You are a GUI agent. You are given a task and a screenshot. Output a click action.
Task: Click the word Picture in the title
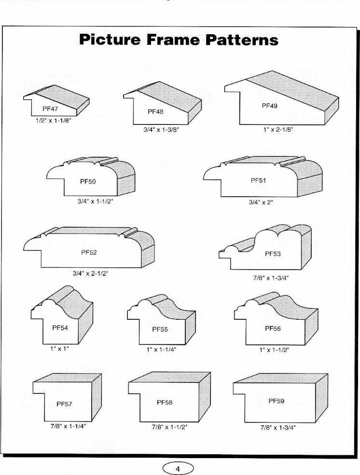click(110, 40)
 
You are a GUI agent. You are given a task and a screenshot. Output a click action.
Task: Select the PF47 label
click(50, 109)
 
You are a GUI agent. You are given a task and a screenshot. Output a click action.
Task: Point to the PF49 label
click(269, 106)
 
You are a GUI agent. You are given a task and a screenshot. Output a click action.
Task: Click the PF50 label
click(88, 181)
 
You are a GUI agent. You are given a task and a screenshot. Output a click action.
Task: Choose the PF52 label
click(89, 252)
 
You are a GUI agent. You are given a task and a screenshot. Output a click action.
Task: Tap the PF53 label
click(273, 254)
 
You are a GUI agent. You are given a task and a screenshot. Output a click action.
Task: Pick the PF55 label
click(160, 329)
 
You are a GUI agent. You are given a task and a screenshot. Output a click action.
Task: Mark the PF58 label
click(165, 402)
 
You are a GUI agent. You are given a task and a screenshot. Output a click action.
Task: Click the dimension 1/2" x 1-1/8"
click(54, 121)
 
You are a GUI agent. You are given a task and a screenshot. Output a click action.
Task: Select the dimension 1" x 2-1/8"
click(278, 130)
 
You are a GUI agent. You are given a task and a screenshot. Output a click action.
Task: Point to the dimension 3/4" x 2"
click(261, 203)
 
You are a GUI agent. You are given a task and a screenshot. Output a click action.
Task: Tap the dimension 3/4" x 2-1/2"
click(90, 273)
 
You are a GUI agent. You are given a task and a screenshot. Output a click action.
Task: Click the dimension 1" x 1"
click(60, 349)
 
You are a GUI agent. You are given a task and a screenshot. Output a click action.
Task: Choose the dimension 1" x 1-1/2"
click(274, 350)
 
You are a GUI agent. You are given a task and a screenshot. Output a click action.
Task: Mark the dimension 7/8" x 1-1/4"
click(68, 426)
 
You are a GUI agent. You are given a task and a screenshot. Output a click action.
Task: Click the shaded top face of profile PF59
click(280, 379)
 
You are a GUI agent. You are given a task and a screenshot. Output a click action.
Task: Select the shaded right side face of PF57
click(97, 397)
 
